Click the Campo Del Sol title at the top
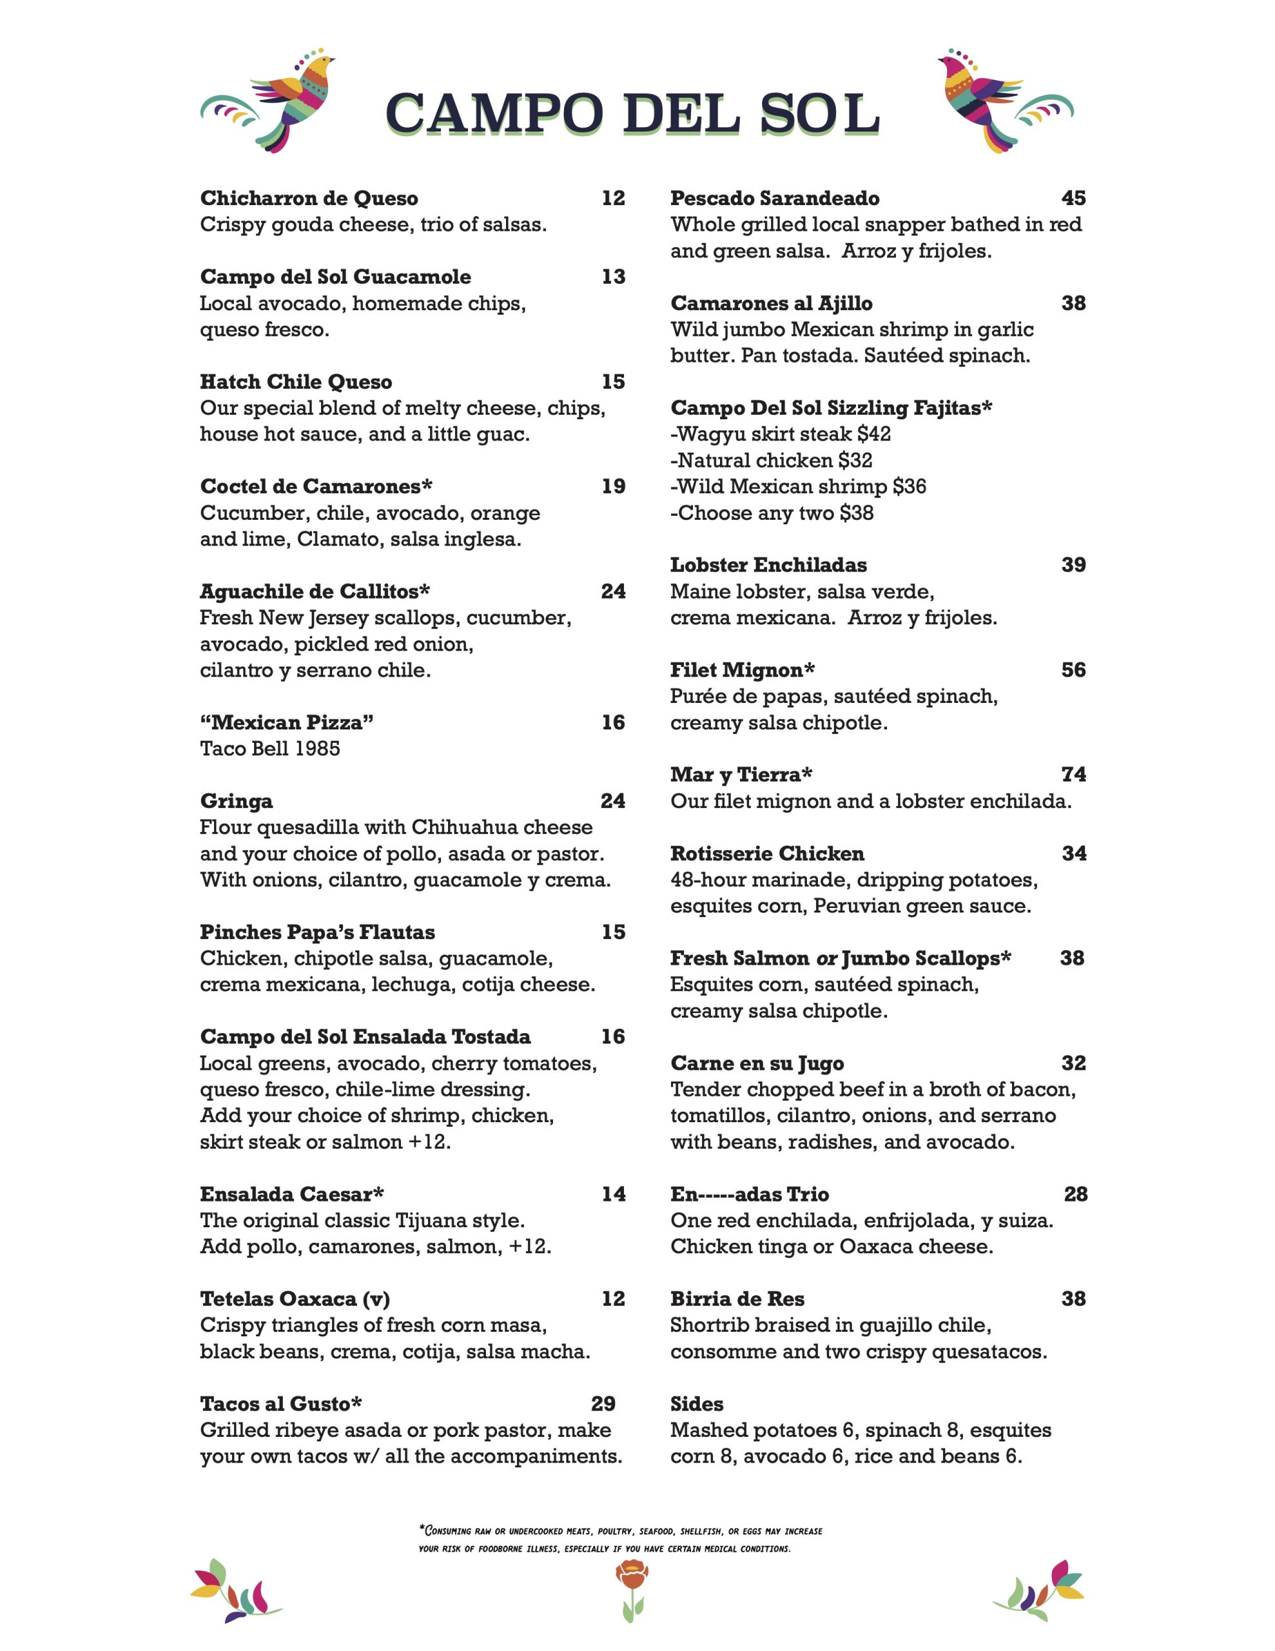[x=632, y=114]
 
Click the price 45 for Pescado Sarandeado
[x=1073, y=198]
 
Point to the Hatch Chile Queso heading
[x=295, y=382]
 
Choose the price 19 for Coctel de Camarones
[x=613, y=486]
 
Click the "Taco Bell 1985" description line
[x=270, y=748]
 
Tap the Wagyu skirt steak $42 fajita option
[x=781, y=434]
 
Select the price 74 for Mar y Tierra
[x=1073, y=774]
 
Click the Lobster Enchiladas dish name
[x=768, y=565]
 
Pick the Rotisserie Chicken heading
[x=766, y=853]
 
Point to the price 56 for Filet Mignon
[x=1073, y=670]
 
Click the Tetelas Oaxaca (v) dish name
[x=295, y=1299]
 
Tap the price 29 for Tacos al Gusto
[x=602, y=1404]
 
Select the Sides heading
[x=696, y=1404]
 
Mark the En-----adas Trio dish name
[x=749, y=1194]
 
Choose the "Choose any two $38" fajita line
[x=772, y=513]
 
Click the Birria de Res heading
[x=737, y=1299]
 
